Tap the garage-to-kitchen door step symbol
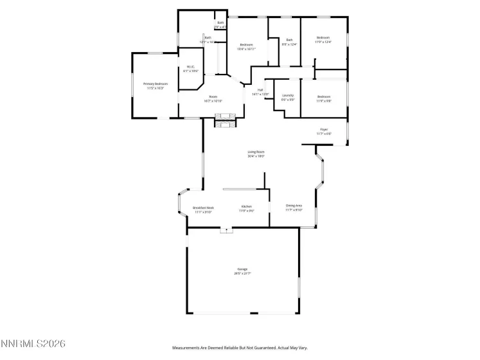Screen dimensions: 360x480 [226, 230]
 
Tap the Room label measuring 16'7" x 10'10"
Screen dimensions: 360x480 [213, 98]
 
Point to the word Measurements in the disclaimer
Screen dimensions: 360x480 [188, 347]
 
